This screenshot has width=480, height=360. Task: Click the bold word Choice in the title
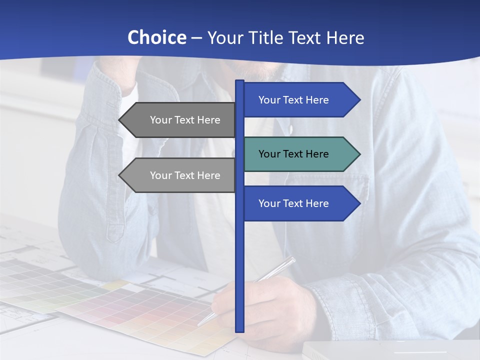[x=156, y=37]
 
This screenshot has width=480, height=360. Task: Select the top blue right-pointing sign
[x=300, y=100]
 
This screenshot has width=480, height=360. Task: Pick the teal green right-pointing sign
[x=300, y=154]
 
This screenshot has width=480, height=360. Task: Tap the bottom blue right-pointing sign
[x=300, y=203]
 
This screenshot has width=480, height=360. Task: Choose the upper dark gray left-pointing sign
[x=180, y=120]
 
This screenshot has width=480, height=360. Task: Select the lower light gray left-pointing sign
[x=180, y=175]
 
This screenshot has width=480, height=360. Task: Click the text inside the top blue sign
[x=293, y=100]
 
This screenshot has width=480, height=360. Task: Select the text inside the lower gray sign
[x=185, y=175]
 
